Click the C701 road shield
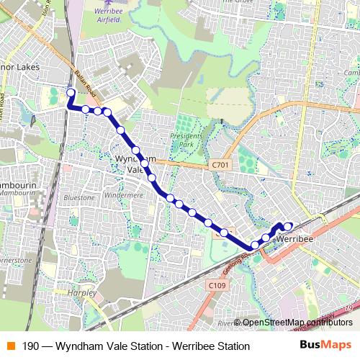click(220, 166)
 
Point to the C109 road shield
click(217, 287)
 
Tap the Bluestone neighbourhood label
click(79, 197)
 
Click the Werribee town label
click(294, 237)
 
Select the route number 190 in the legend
click(31, 346)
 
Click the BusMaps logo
click(325, 345)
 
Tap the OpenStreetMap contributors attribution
click(297, 323)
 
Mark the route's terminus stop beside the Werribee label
click(287, 227)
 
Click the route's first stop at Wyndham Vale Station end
click(71, 92)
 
